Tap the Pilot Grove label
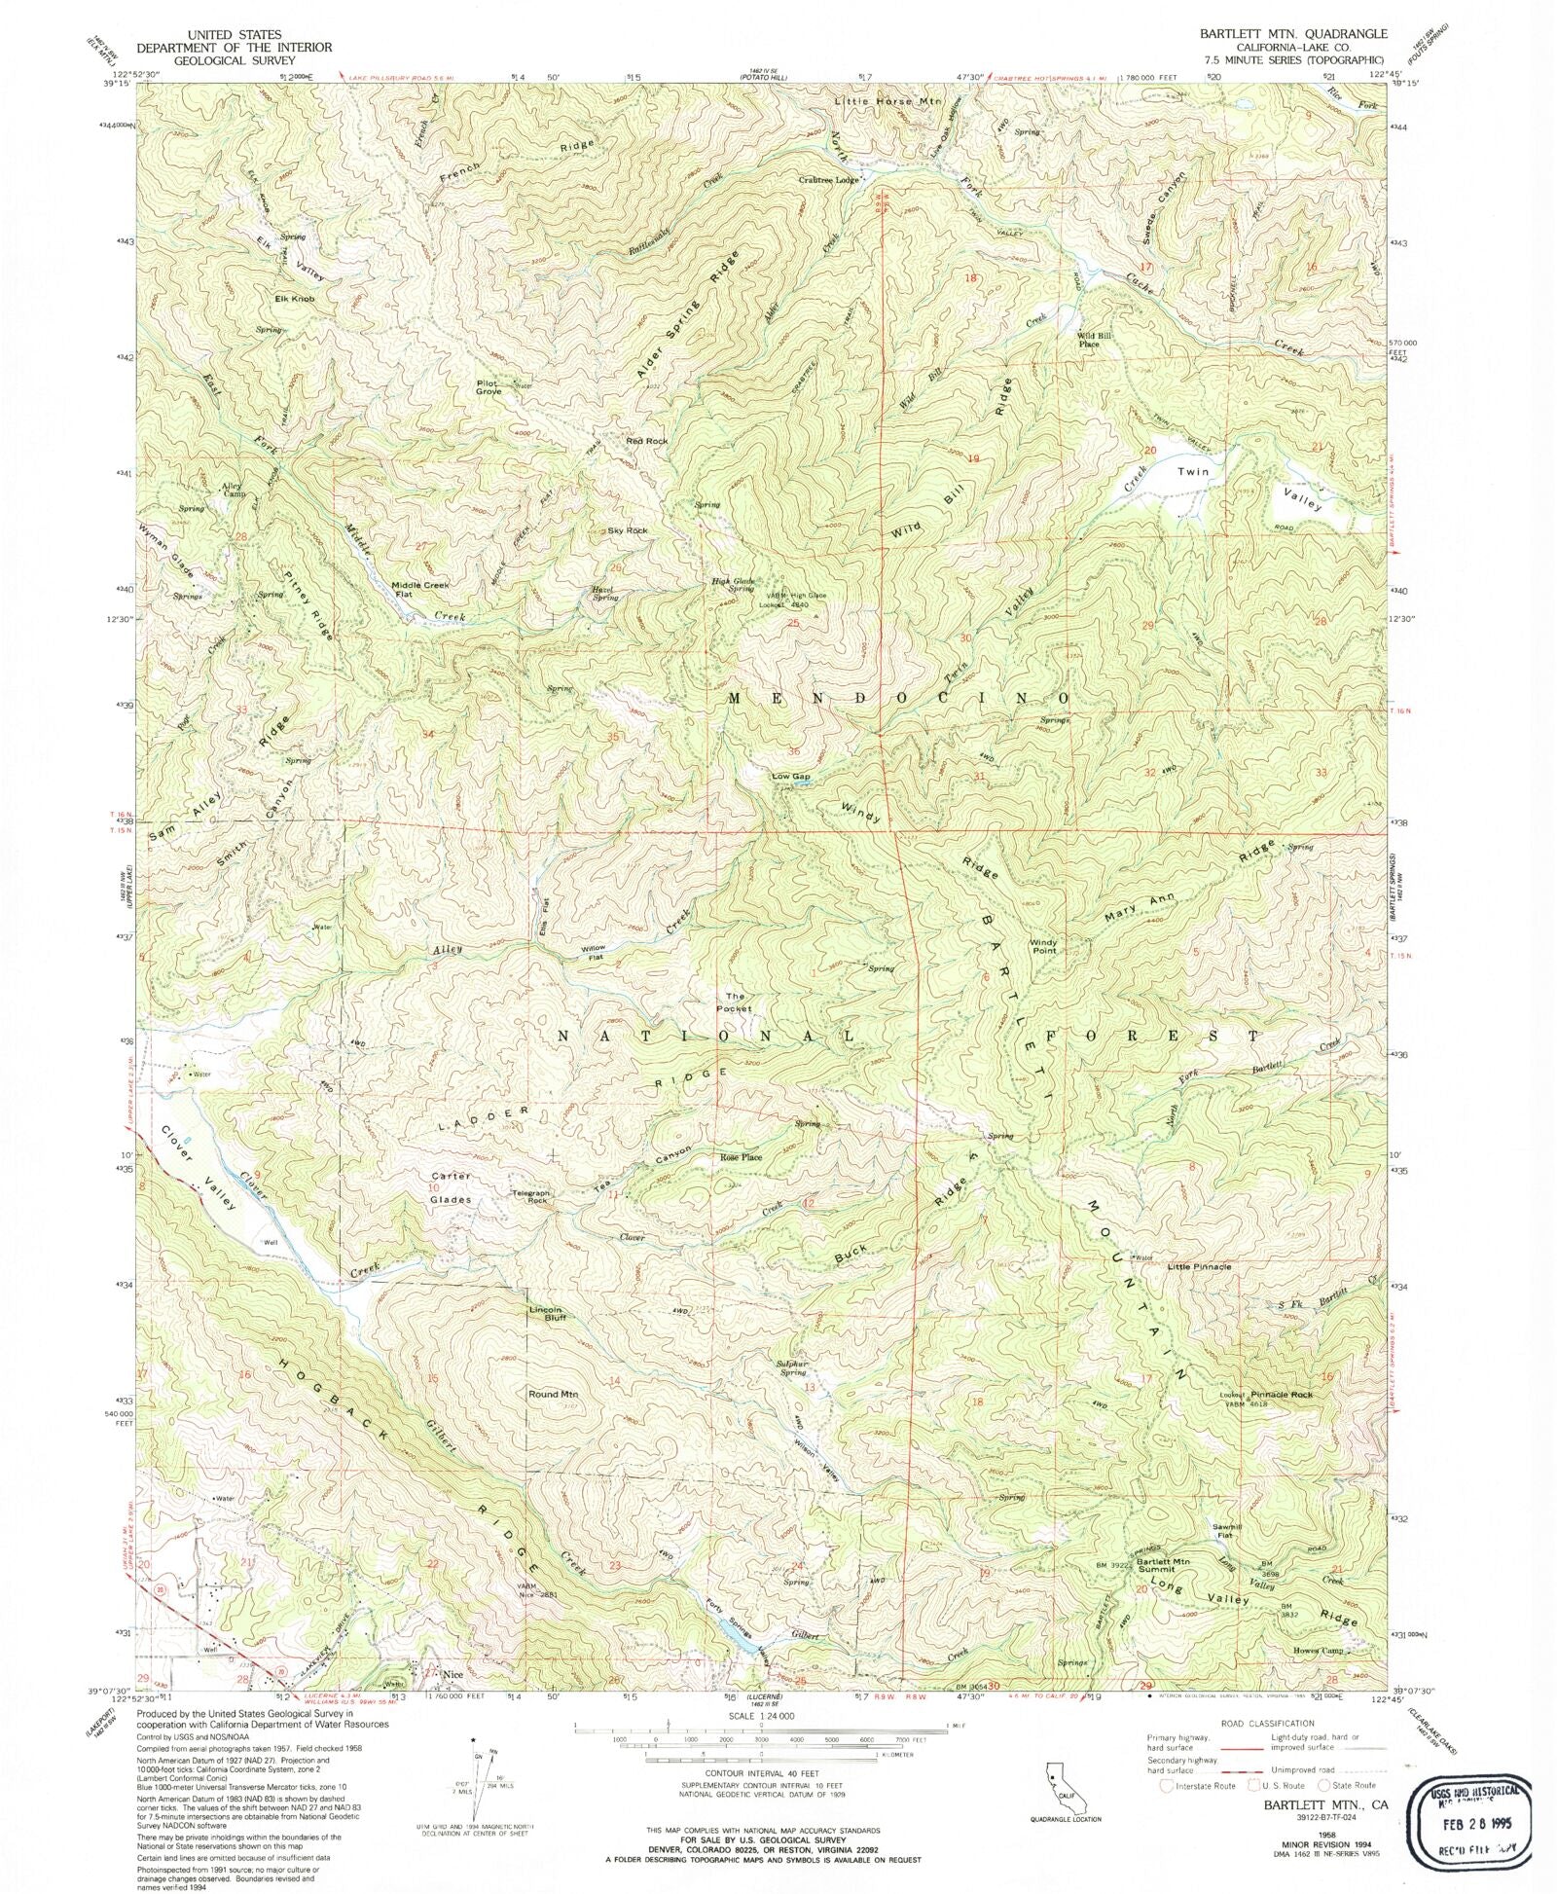point(489,386)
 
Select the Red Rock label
point(647,441)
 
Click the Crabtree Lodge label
point(829,180)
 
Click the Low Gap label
point(790,776)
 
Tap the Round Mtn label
point(553,1394)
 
